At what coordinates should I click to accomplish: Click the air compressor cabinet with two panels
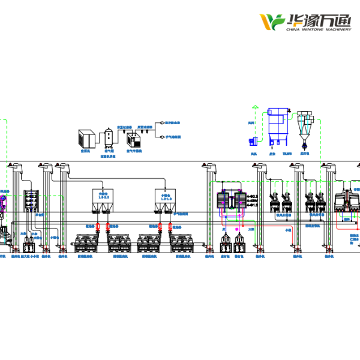(x=85, y=139)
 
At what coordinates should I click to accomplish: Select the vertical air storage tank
(x=109, y=138)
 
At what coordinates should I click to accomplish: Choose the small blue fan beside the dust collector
(x=252, y=140)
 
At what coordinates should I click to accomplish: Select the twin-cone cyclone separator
(x=306, y=127)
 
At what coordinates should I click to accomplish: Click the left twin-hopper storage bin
(x=101, y=201)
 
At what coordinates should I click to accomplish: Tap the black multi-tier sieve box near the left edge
(x=31, y=200)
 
